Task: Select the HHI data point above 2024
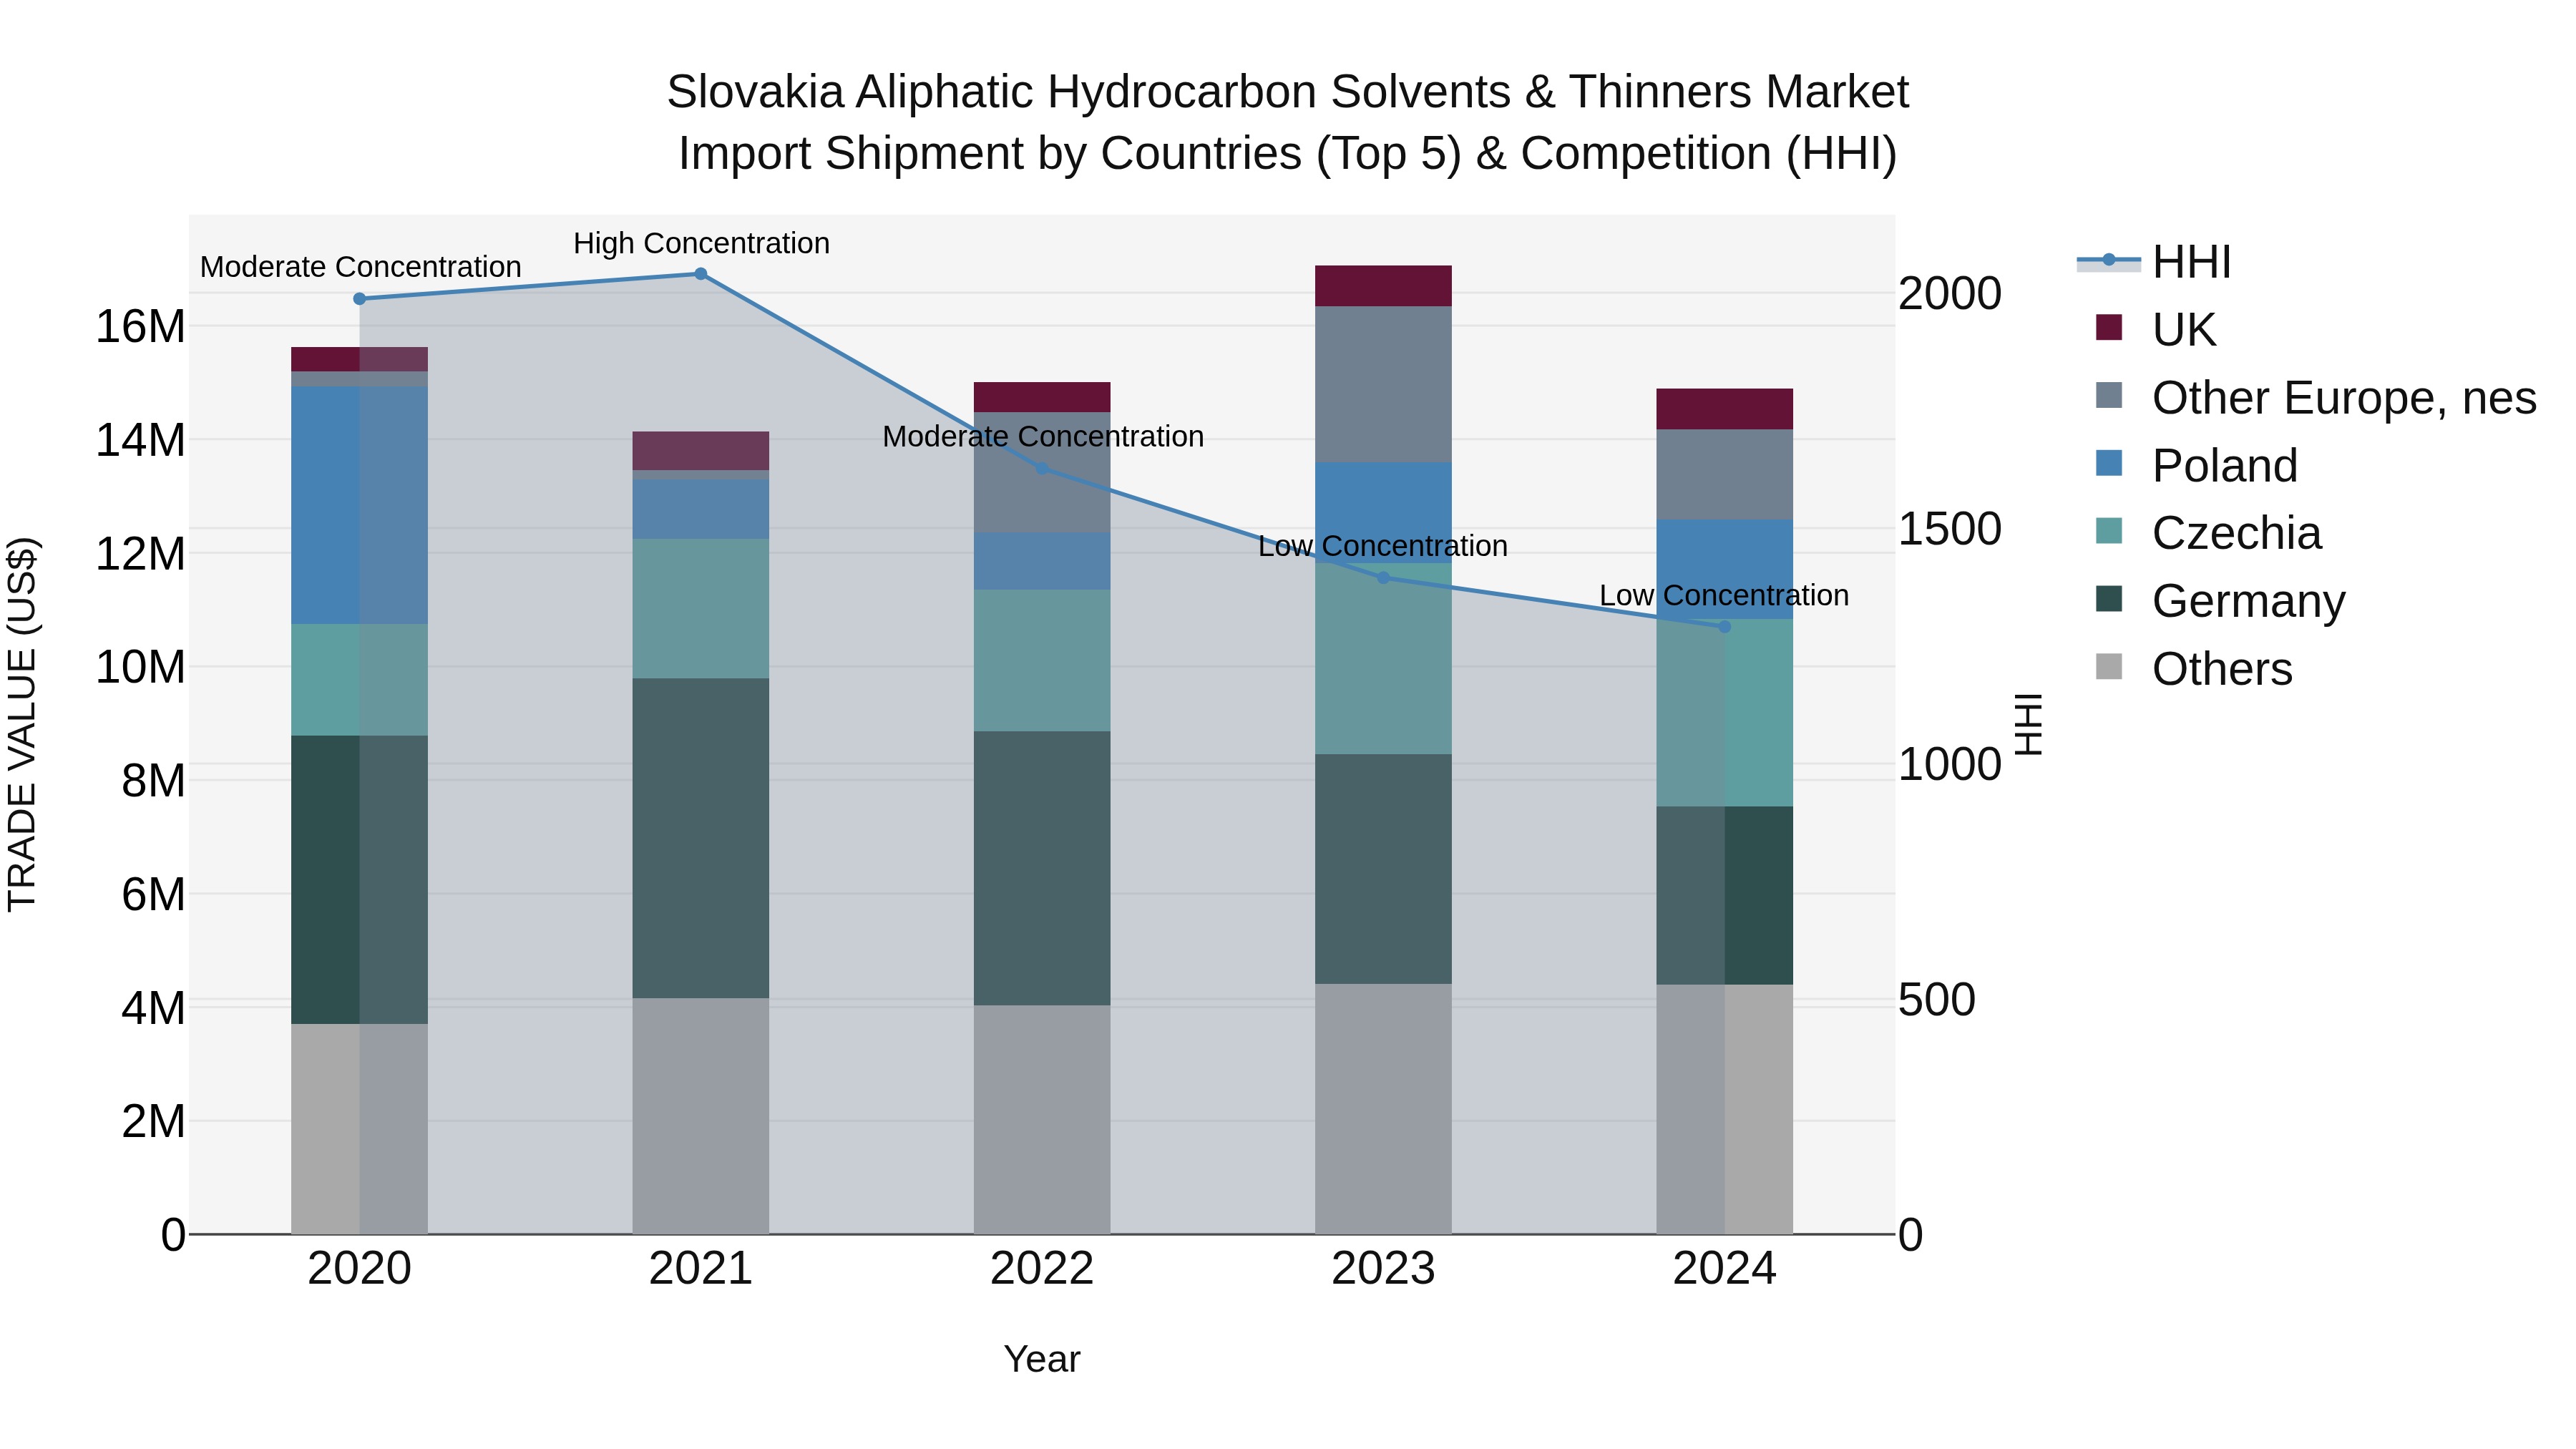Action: [x=1724, y=627]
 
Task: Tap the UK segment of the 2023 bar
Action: [x=1383, y=286]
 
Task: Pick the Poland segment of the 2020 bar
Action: [x=359, y=505]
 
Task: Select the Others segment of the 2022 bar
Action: [x=1042, y=1119]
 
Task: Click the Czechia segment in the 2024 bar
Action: [x=1724, y=712]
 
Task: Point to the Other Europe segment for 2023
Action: [x=1383, y=384]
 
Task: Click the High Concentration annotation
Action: [x=701, y=243]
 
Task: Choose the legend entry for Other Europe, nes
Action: [x=2343, y=398]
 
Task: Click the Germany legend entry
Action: [x=2248, y=601]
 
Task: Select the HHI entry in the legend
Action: [x=2191, y=262]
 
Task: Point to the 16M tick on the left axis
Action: [x=140, y=326]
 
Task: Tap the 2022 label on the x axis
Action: [x=1042, y=1269]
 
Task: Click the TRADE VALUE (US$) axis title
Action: [x=22, y=724]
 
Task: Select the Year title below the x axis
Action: [x=1042, y=1359]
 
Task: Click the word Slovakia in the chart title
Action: [x=754, y=92]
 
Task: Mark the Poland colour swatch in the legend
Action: [x=2109, y=463]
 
